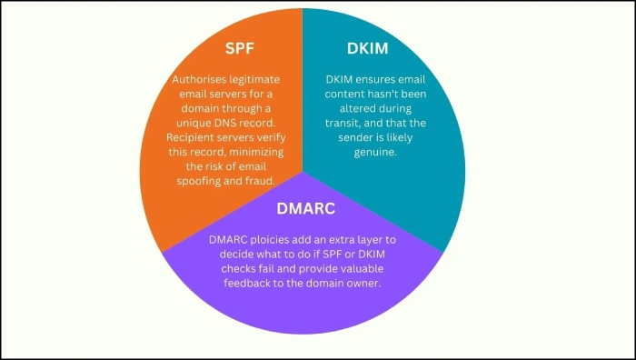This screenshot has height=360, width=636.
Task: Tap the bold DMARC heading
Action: tap(305, 209)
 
